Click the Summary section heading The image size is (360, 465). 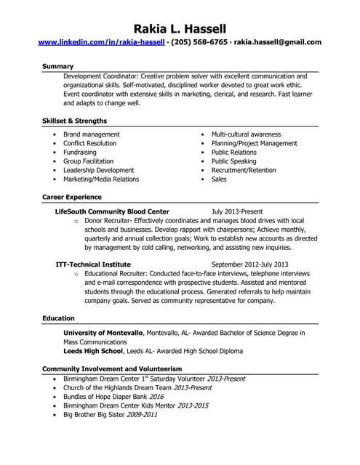57,66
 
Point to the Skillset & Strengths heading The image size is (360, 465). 74,121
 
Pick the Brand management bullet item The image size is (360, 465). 92,134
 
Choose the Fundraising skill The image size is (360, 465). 80,153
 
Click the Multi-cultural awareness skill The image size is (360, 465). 246,134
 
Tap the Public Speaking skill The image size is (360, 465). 233,161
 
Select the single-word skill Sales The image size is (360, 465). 219,179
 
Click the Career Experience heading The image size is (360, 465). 72,197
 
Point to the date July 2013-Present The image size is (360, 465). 237,211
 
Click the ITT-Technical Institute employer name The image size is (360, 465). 93,264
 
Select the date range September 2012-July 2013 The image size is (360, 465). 249,264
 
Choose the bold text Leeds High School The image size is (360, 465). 94,350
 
